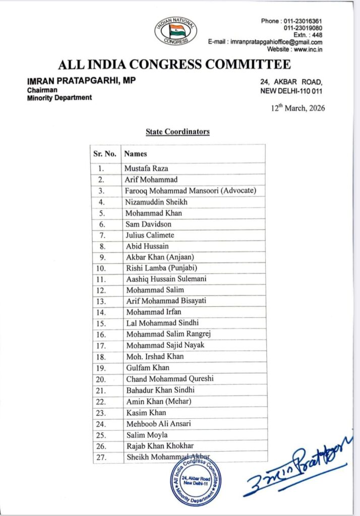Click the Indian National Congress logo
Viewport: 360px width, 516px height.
(x=175, y=32)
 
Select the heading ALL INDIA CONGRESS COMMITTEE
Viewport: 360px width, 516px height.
(x=174, y=64)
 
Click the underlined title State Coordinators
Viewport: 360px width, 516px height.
(x=177, y=132)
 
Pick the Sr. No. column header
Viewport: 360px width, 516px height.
(x=105, y=154)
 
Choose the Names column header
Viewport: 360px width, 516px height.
(x=136, y=154)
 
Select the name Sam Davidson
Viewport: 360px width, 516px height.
(x=149, y=224)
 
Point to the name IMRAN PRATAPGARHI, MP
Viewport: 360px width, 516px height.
(x=81, y=81)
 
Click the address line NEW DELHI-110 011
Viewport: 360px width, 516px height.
(x=291, y=91)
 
